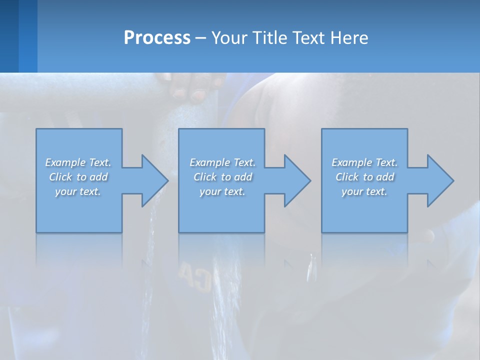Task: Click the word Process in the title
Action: coord(157,37)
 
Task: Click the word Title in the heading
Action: coord(268,37)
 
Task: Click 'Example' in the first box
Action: coord(65,162)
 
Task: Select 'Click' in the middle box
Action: coord(205,177)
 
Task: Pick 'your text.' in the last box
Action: coord(364,191)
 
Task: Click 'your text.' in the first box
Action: coord(78,191)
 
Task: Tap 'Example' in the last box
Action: coord(352,162)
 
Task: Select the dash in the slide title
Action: coord(200,38)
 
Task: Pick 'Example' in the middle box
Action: coord(209,162)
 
